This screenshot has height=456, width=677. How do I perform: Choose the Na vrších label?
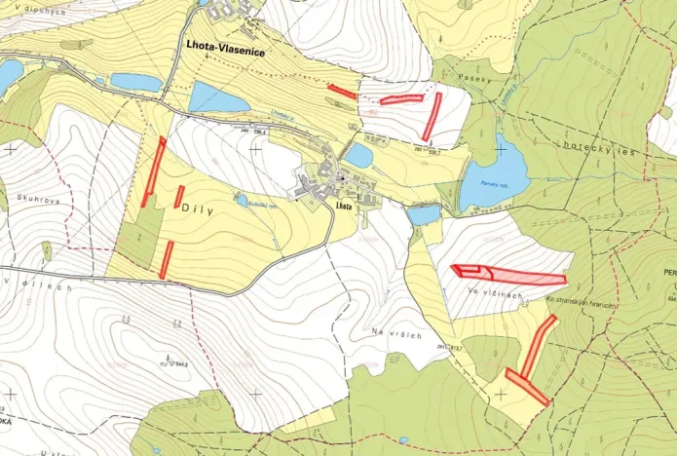coord(395,333)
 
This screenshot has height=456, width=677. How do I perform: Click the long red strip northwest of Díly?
coord(153,171)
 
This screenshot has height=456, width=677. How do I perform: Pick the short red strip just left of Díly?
coord(179,196)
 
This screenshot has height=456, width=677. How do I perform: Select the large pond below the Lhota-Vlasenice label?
coord(218,97)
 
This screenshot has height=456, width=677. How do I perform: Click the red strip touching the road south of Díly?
coord(167,259)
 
